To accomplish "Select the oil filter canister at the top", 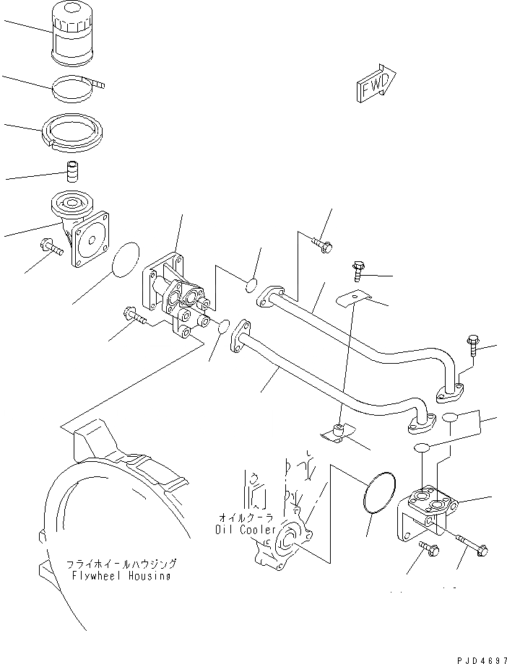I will [x=72, y=34].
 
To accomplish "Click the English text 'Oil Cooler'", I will [x=245, y=529].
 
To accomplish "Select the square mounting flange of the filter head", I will [x=90, y=238].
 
